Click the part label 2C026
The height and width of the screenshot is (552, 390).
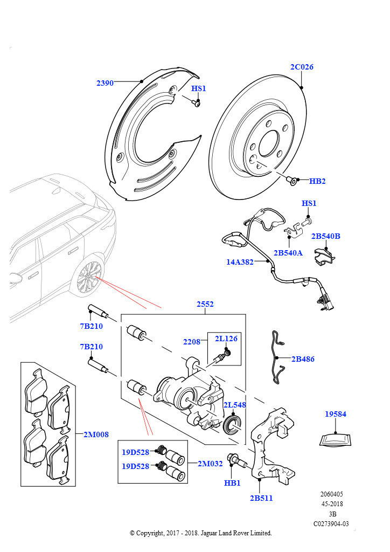pyautogui.click(x=301, y=67)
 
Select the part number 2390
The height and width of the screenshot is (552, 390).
pyautogui.click(x=105, y=83)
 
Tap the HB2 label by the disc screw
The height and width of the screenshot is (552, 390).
pyautogui.click(x=317, y=181)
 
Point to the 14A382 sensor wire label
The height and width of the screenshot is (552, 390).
pyautogui.click(x=240, y=262)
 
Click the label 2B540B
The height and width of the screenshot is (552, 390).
pyautogui.click(x=326, y=236)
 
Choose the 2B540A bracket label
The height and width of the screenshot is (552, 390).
pyautogui.click(x=288, y=253)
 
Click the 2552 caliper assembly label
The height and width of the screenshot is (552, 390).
pyautogui.click(x=205, y=304)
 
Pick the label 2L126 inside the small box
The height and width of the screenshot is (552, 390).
pyautogui.click(x=226, y=339)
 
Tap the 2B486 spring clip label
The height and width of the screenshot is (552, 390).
pyautogui.click(x=303, y=359)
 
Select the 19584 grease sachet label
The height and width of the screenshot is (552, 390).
pyautogui.click(x=336, y=414)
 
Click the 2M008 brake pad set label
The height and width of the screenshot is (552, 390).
pyautogui.click(x=96, y=434)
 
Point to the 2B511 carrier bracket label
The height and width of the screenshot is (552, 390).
pyautogui.click(x=261, y=498)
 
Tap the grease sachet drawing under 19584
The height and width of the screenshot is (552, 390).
pyautogui.click(x=336, y=440)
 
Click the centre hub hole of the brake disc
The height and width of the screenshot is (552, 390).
pyautogui.click(x=269, y=143)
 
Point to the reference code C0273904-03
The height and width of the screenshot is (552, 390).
pyautogui.click(x=331, y=524)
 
